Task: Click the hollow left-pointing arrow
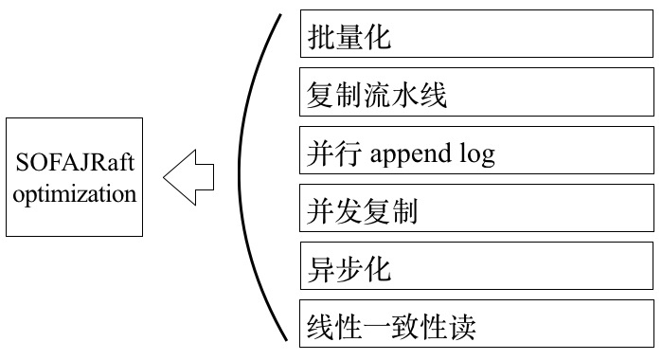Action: pos(188,176)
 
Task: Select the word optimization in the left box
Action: pos(75,195)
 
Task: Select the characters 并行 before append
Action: pos(336,153)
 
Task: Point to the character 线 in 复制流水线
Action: pos(432,96)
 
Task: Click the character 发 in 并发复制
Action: pos(349,211)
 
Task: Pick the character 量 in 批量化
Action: pos(349,38)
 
